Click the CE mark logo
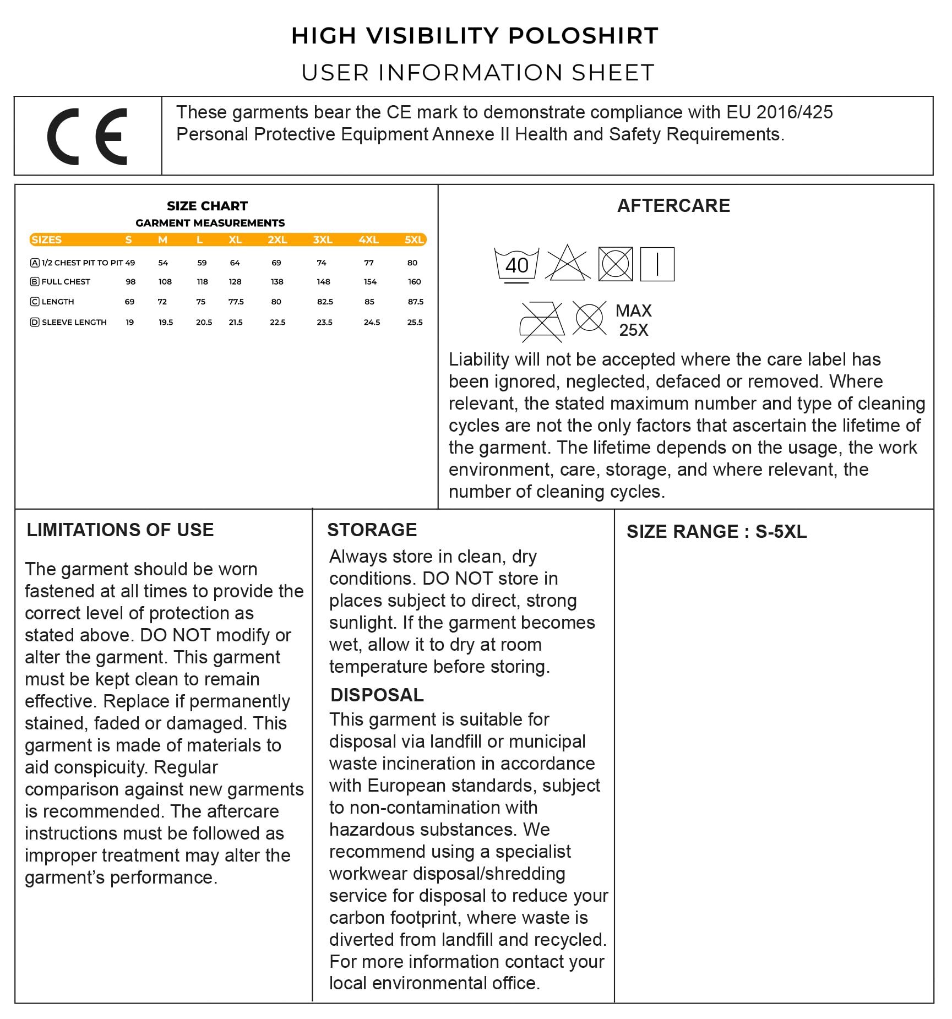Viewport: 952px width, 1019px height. [x=88, y=137]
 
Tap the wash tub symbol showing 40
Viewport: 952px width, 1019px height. [x=516, y=265]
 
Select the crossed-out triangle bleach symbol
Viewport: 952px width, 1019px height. [x=567, y=263]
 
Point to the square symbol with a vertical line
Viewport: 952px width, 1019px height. [x=657, y=264]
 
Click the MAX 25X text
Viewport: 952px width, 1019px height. [x=633, y=320]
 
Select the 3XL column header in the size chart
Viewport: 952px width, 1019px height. [x=323, y=240]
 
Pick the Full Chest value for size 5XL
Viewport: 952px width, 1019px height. [x=414, y=282]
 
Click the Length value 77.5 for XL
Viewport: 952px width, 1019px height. [x=236, y=302]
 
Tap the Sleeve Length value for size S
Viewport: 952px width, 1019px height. [x=130, y=322]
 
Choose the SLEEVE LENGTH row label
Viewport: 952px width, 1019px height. [x=74, y=322]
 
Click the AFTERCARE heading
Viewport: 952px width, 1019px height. [x=673, y=206]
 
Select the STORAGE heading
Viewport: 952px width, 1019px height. [x=372, y=530]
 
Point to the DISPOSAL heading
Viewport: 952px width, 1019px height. [x=377, y=695]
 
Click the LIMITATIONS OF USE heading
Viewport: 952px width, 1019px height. [x=120, y=530]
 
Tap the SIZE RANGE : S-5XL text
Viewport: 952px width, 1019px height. [x=716, y=531]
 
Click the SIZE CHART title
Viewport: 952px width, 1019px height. [x=207, y=206]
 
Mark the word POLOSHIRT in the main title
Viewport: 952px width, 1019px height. [x=583, y=36]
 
